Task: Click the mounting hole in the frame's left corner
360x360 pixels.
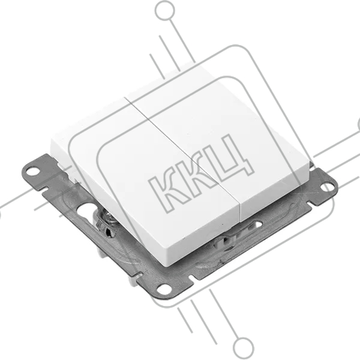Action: (x=32, y=171)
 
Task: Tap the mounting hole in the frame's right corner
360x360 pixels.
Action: (x=326, y=187)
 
